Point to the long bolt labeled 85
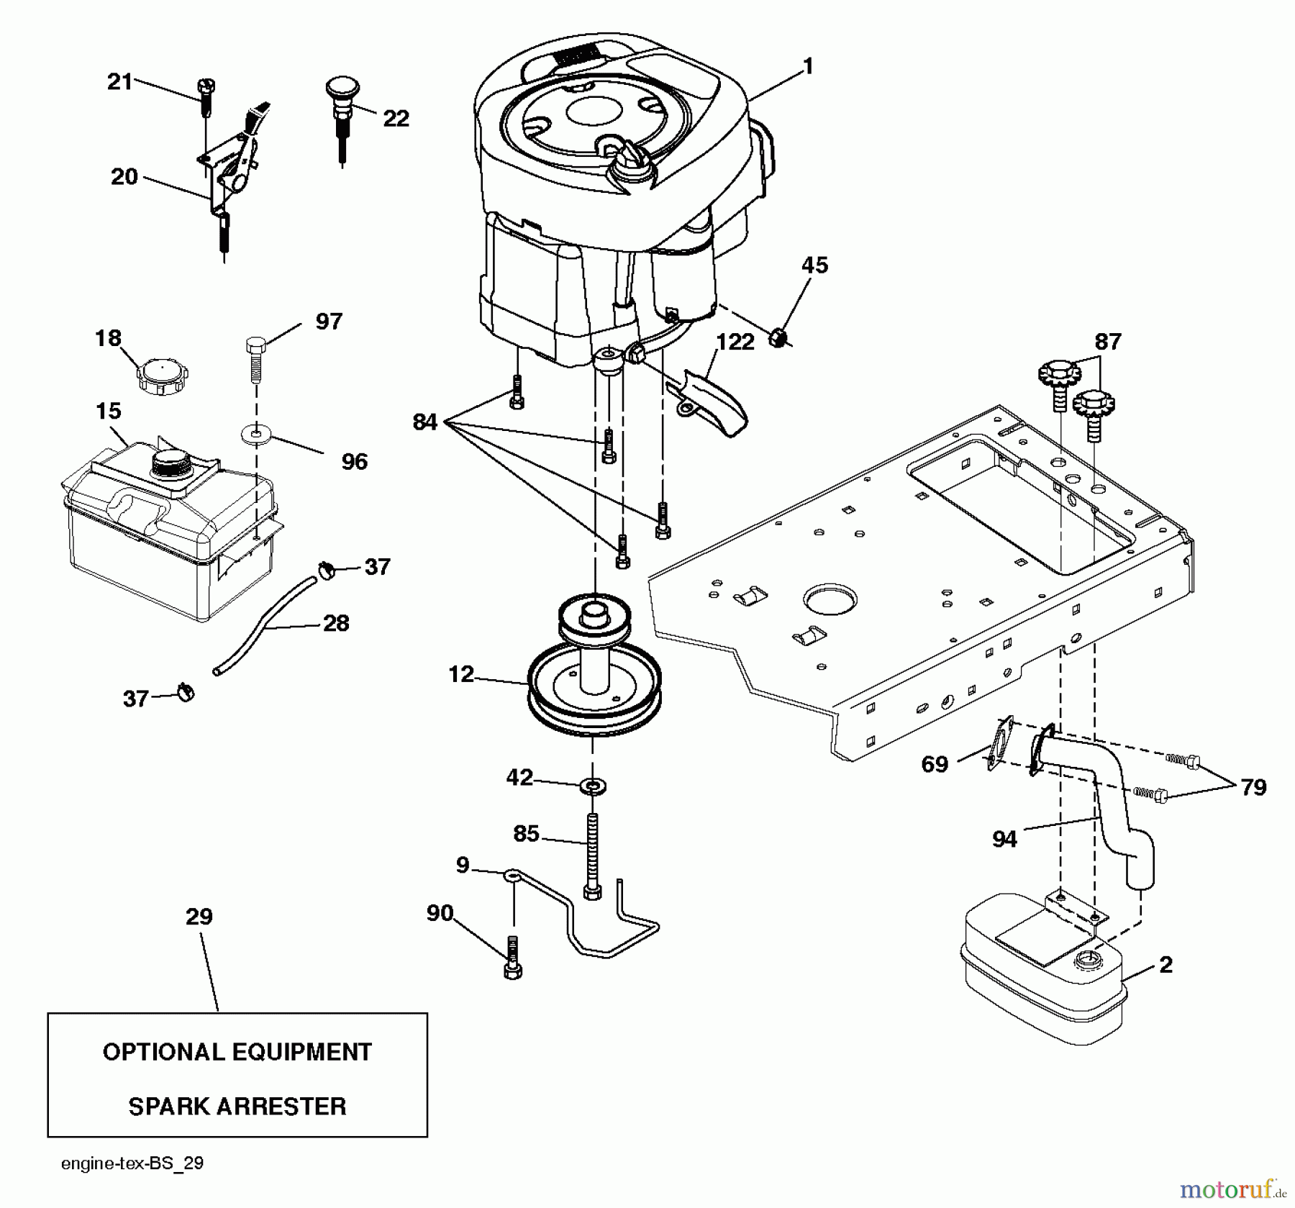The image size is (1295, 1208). pos(592,853)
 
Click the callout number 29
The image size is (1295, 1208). pos(199,917)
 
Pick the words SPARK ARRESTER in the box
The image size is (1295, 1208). pos(237,1106)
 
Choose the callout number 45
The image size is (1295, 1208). pos(814,265)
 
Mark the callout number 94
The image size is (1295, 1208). pos(1004,839)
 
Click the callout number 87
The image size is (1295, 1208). pos(1107,341)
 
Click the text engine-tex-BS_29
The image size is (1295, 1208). pos(132,1163)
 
